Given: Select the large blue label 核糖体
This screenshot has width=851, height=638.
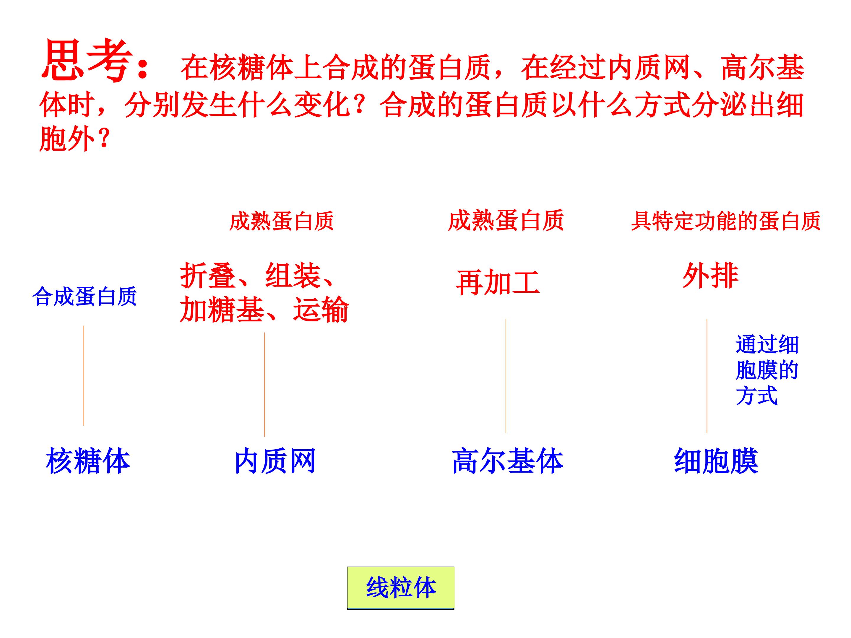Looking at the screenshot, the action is click(x=88, y=461).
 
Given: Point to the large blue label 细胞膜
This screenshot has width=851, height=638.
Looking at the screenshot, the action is click(x=716, y=461).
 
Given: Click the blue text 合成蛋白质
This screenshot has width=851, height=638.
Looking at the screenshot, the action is click(x=85, y=296).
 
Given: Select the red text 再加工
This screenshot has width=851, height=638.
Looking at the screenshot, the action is click(x=498, y=282).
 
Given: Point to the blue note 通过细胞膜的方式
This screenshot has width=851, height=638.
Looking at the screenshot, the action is click(x=767, y=370).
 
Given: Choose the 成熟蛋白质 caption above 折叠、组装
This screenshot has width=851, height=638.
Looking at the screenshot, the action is click(x=281, y=221).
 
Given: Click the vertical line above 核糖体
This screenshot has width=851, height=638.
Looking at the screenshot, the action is click(x=84, y=376).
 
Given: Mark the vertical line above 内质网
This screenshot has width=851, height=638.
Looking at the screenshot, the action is click(x=265, y=385).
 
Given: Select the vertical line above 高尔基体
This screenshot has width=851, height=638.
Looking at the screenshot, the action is click(x=506, y=376).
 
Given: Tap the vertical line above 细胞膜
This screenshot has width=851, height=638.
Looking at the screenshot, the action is click(x=707, y=376).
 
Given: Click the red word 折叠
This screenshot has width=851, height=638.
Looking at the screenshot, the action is click(x=208, y=275).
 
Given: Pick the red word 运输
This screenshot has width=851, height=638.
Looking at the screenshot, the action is click(x=321, y=309).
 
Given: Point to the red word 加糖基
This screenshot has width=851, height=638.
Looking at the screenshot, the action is click(x=222, y=309).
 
